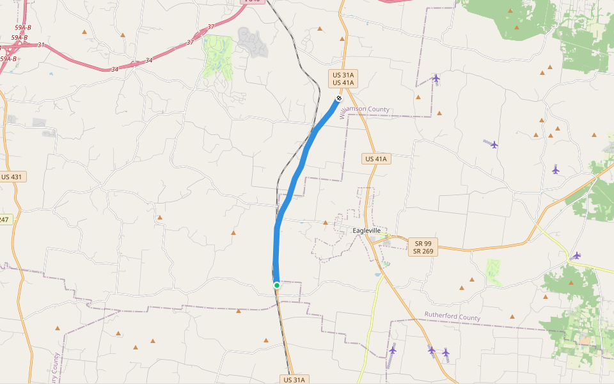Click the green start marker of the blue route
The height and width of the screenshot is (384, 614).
point(277,285)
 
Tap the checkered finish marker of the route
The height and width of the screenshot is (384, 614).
point(338,98)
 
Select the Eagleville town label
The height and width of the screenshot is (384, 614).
point(366,230)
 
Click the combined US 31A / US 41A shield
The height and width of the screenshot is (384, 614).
point(342,79)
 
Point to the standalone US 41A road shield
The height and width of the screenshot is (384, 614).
point(376,159)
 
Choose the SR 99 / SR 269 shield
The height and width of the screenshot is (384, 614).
point(423,248)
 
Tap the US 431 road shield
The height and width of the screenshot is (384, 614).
point(13,177)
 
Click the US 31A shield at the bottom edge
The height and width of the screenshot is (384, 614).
point(295,380)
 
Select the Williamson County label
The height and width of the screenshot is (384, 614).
point(363,111)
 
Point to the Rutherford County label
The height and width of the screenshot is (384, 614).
point(452,317)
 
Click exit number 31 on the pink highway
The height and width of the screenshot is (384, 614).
point(41,45)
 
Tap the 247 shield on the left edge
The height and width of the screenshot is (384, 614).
point(4,220)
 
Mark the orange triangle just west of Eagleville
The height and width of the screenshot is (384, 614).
point(325,223)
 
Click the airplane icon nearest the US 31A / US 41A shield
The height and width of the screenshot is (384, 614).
point(436,78)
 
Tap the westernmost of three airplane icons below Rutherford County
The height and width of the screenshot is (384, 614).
point(392,350)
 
